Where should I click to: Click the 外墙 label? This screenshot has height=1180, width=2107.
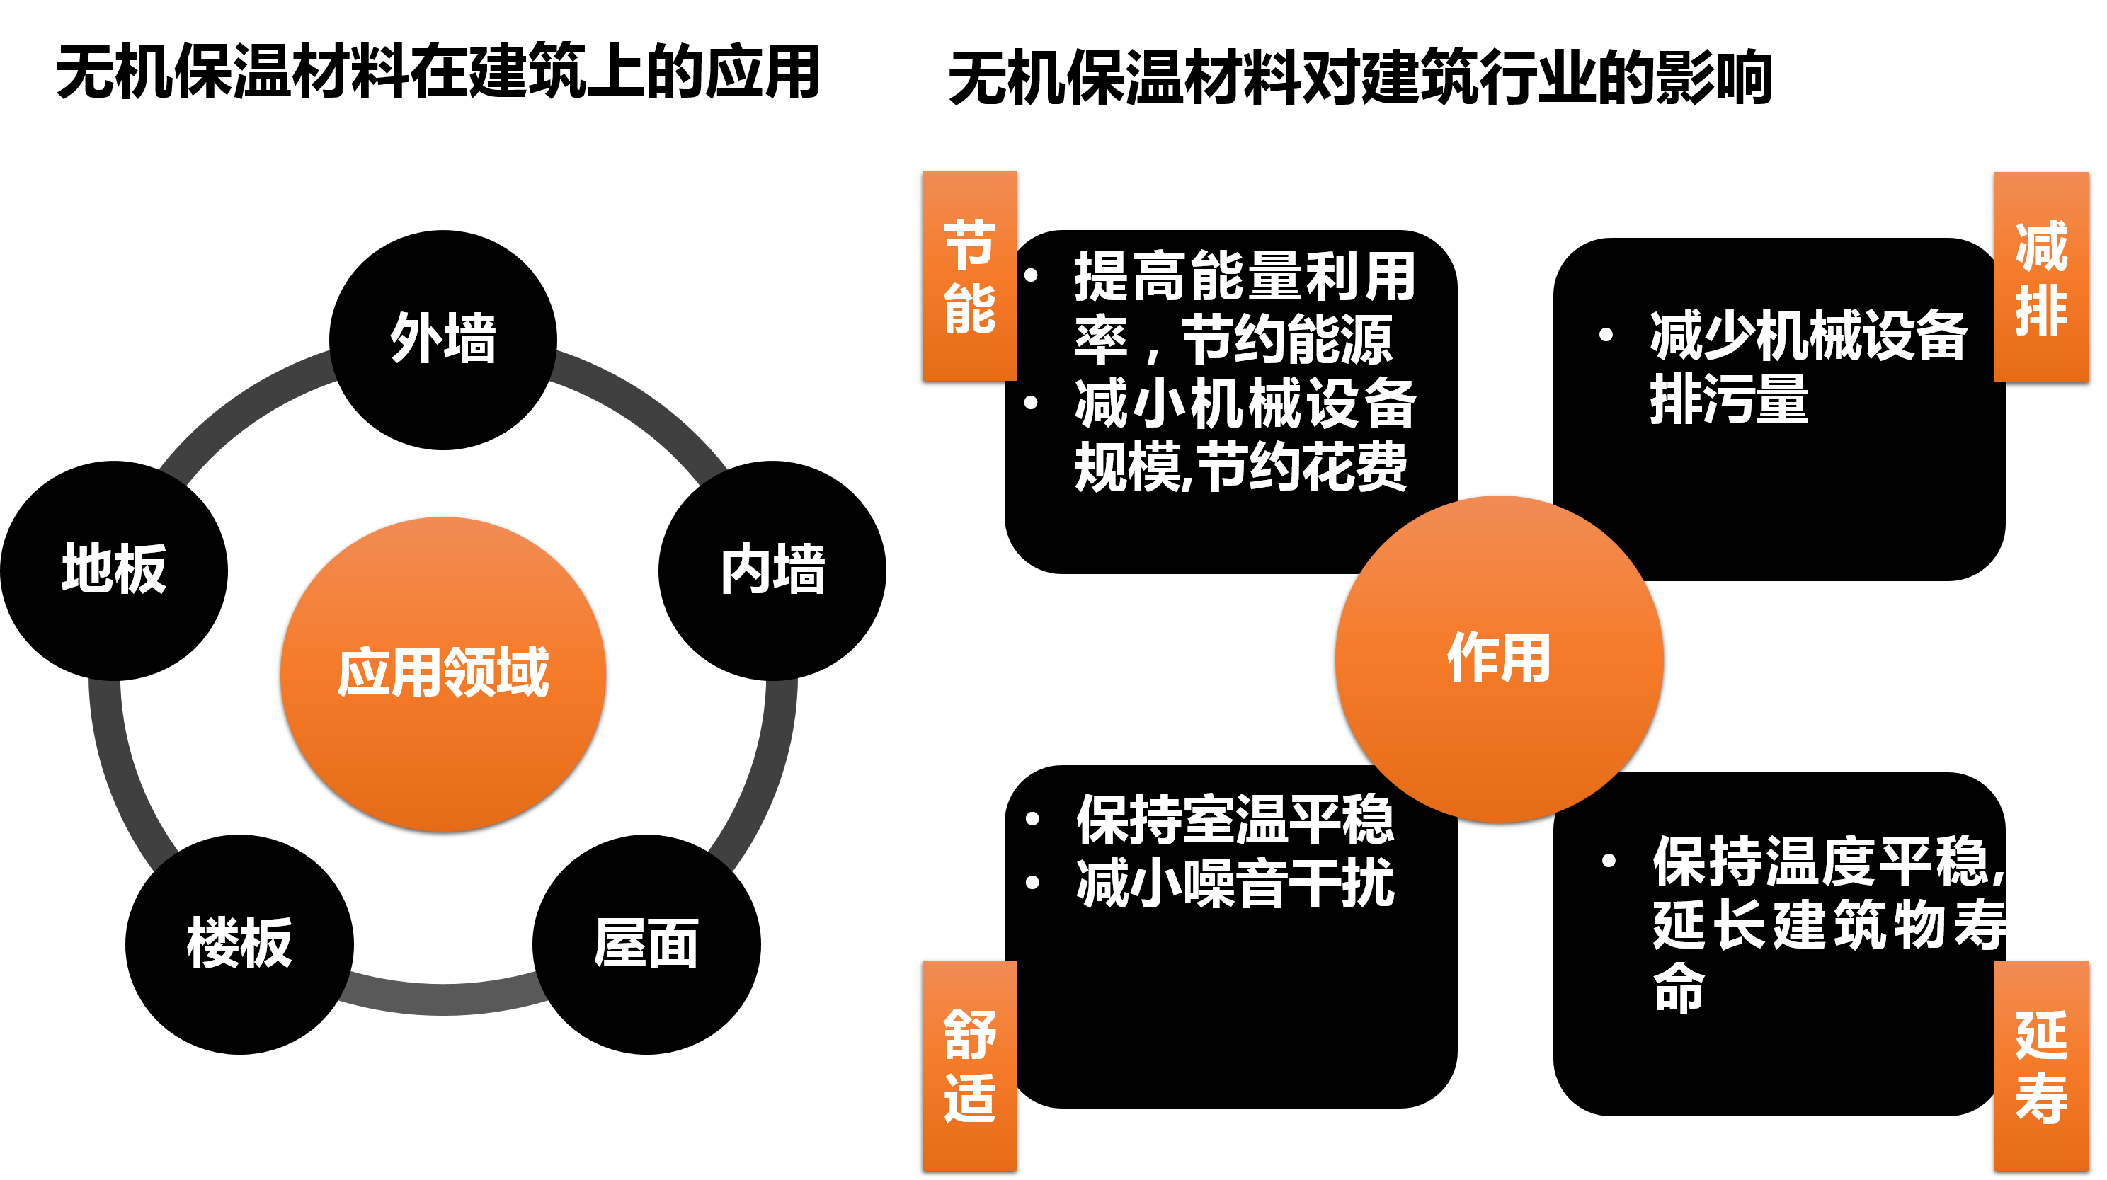442,338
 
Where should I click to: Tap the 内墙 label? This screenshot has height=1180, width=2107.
772,569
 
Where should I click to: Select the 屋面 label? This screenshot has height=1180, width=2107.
646,943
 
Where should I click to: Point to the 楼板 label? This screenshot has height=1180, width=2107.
239,943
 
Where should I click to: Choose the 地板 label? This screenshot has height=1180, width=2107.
115,569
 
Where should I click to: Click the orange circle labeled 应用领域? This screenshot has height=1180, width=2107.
442,674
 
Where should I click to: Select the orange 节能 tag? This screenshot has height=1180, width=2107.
969,275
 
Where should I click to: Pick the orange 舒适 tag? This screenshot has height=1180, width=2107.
969,1065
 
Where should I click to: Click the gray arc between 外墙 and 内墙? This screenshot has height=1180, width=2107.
646,409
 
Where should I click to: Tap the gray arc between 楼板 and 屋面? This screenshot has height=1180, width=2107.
442,996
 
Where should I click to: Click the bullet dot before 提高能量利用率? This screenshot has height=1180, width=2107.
1031,275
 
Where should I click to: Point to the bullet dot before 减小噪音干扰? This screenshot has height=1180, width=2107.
1032,882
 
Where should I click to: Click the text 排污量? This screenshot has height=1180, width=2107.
1728,400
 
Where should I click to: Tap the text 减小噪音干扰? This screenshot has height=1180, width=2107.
1235,883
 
